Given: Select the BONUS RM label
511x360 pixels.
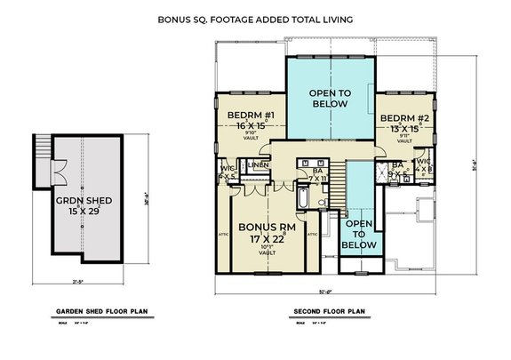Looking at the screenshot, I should [263, 228].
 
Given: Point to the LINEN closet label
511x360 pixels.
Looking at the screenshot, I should [259, 165].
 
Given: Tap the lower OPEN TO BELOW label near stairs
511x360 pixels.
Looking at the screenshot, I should [361, 234].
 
